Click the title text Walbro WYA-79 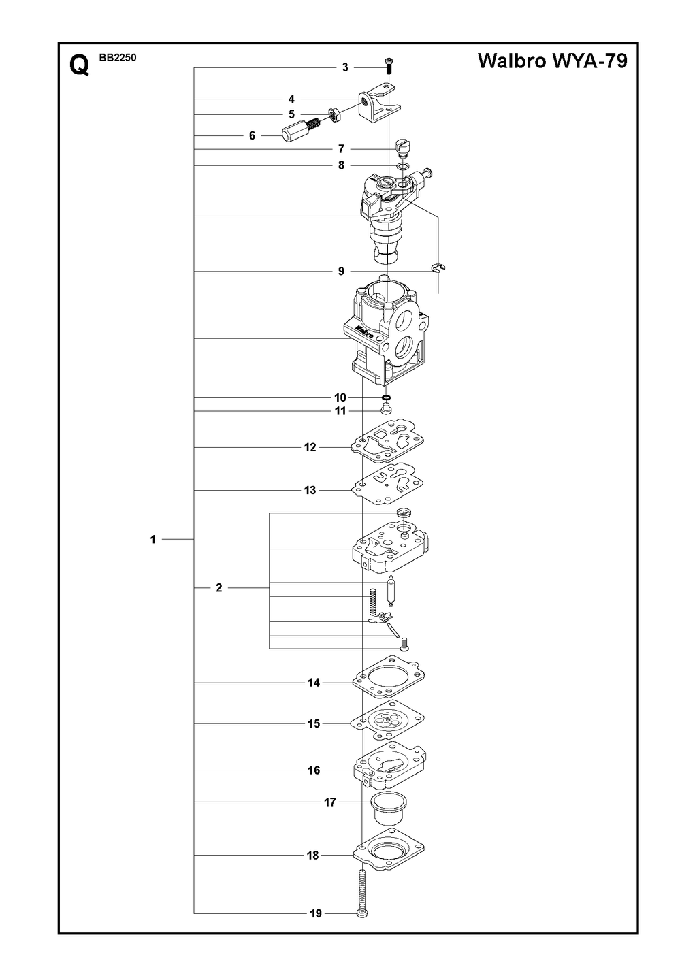point(553,61)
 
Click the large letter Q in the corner point(80,66)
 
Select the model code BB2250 point(118,58)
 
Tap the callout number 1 point(153,540)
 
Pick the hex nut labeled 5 point(335,116)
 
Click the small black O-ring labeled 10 point(385,397)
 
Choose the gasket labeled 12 point(388,439)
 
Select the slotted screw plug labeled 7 point(402,147)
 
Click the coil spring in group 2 point(372,602)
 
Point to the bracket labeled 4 point(378,106)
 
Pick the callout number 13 point(310,490)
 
